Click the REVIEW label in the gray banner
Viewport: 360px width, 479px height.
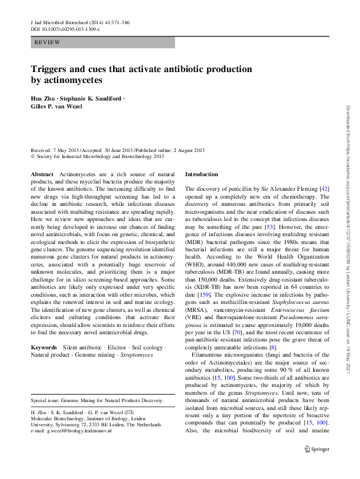click(47, 42)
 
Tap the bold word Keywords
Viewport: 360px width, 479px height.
click(44, 348)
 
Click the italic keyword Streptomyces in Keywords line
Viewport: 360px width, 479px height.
click(136, 355)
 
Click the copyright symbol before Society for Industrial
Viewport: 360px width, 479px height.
click(33, 156)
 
